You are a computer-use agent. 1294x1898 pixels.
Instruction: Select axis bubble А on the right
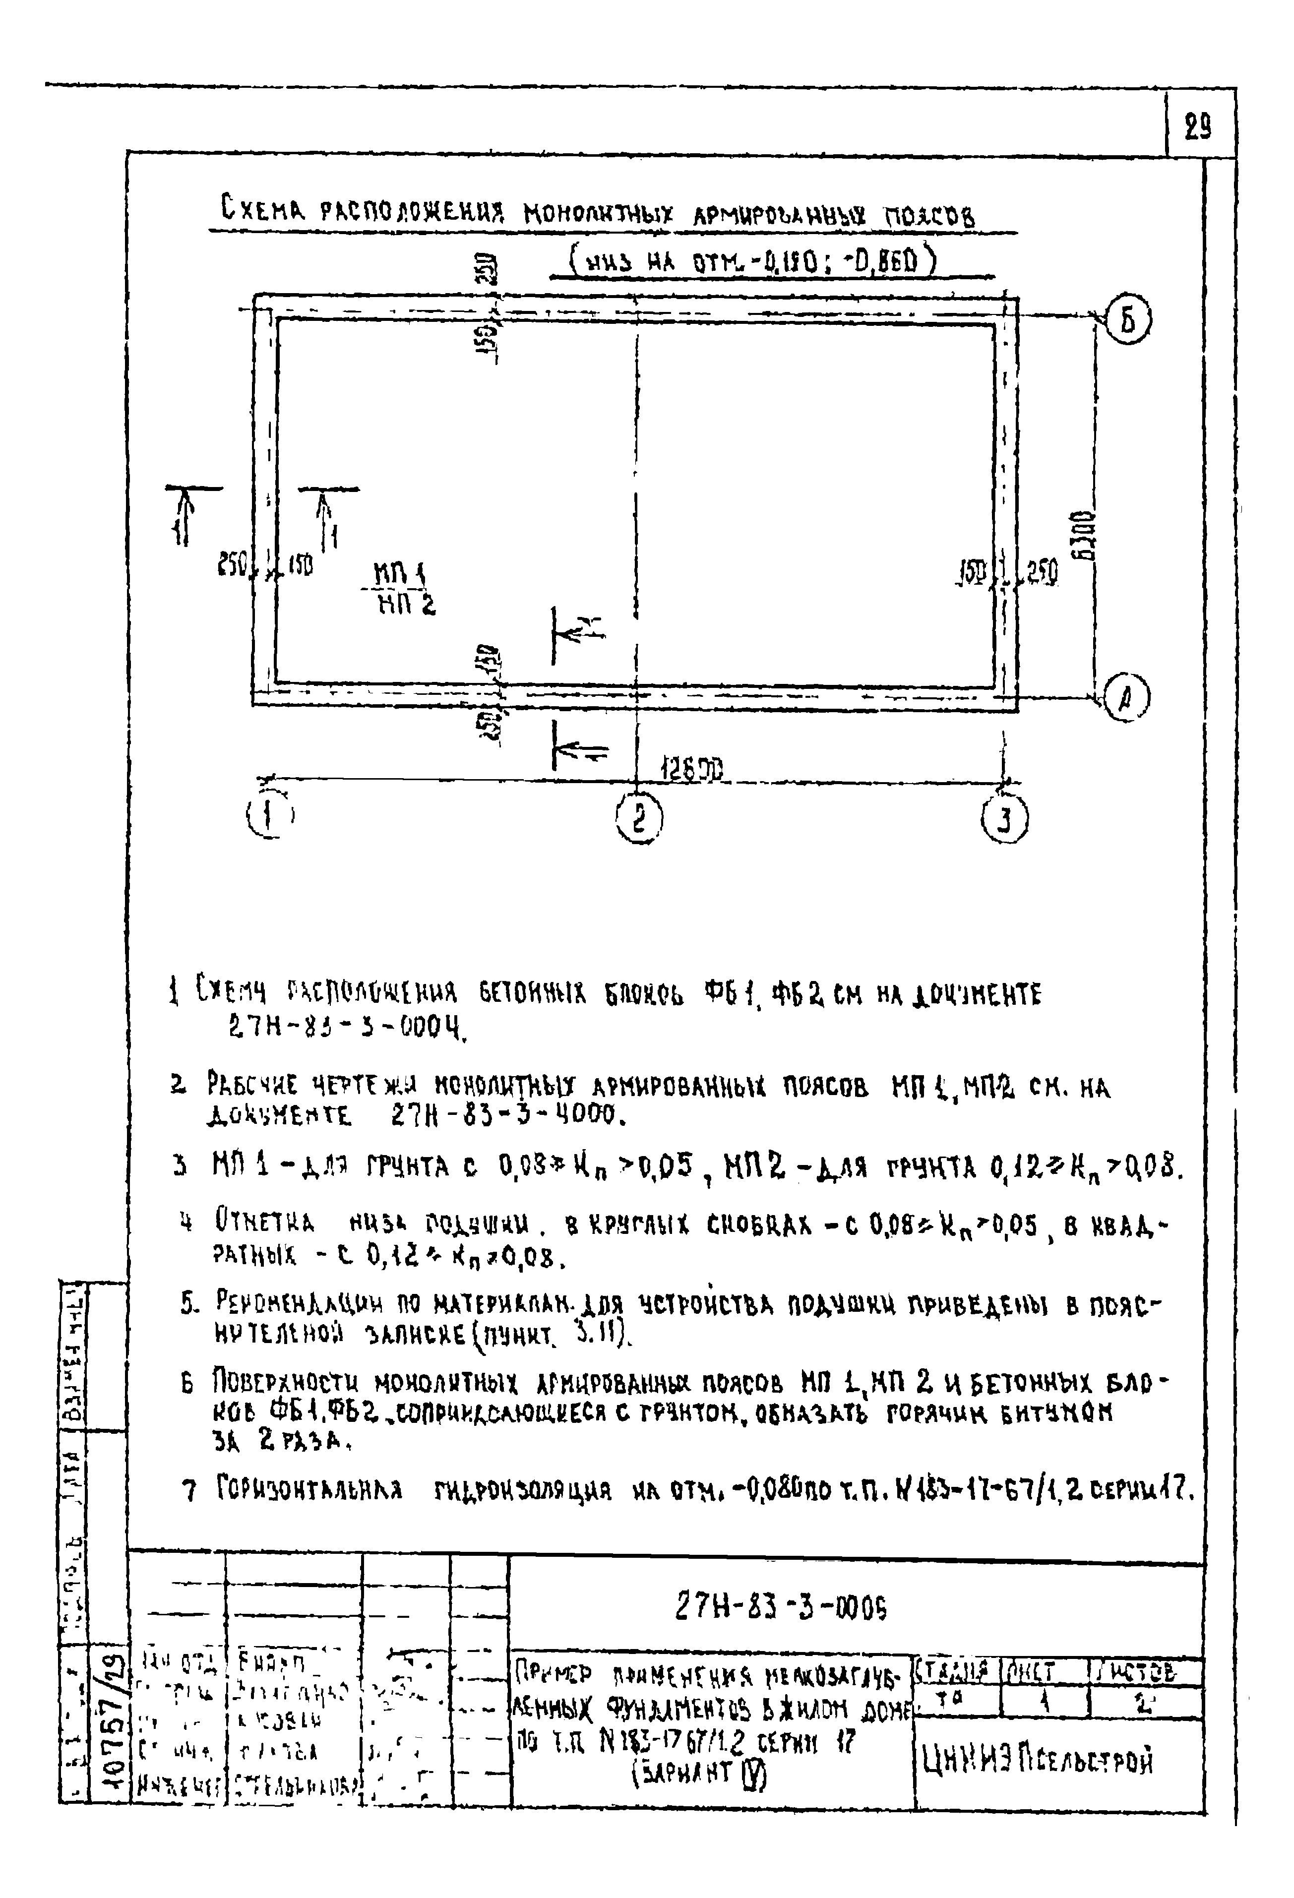click(x=1126, y=699)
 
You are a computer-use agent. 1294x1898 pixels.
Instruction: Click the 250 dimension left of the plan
click(x=232, y=564)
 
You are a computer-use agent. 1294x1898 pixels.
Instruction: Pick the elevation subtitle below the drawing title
click(x=753, y=263)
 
